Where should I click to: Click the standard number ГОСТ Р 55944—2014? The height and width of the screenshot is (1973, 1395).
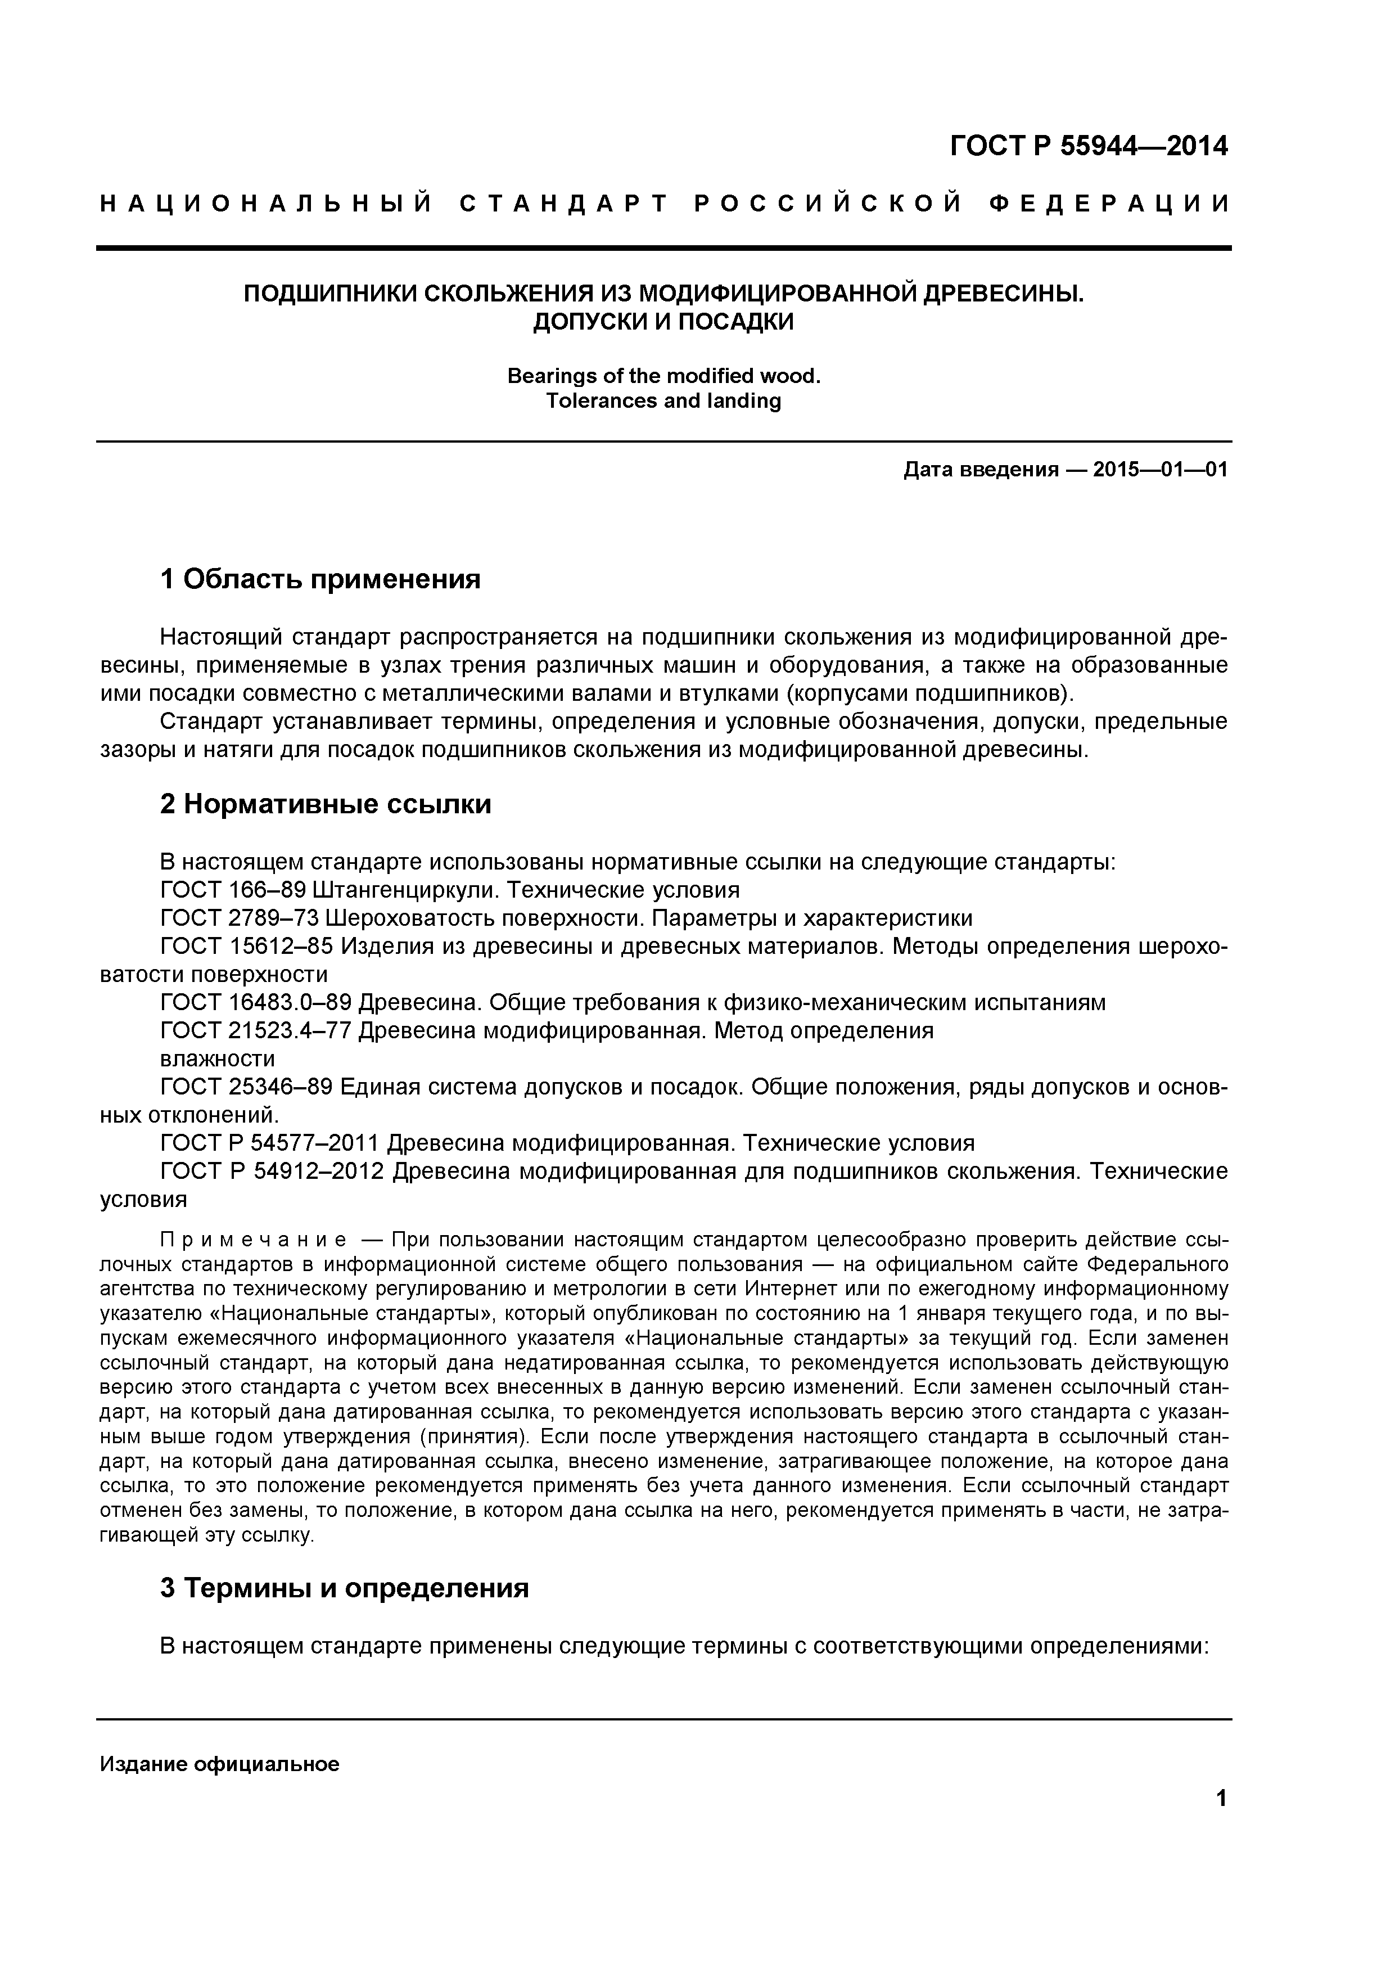[1089, 146]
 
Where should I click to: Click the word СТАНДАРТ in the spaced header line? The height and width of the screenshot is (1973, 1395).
[565, 205]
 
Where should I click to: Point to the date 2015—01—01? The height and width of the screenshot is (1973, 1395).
[1161, 470]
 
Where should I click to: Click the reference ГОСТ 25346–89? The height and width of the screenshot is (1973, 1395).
[246, 1087]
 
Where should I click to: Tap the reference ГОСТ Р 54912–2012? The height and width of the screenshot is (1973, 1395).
[272, 1171]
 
